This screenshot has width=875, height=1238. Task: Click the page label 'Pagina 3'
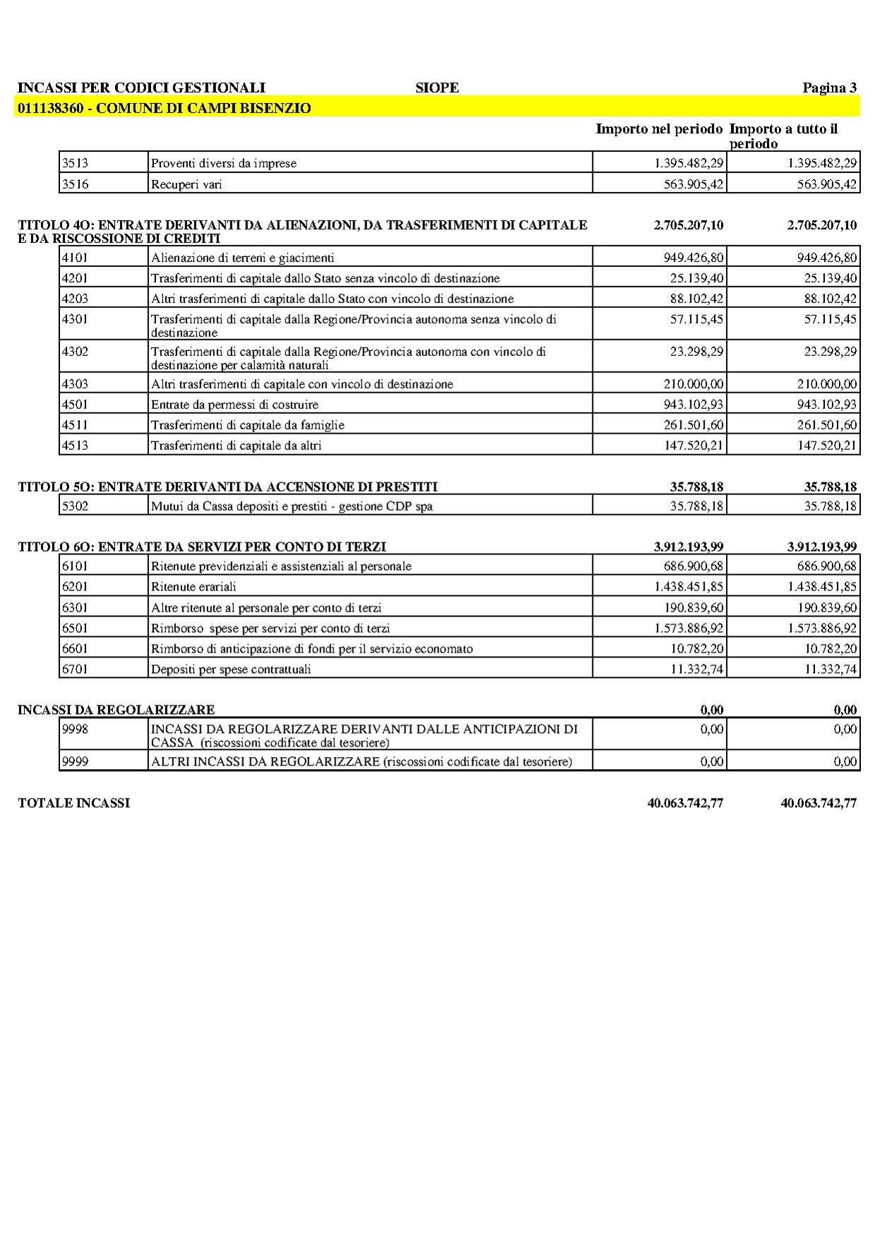[x=829, y=88]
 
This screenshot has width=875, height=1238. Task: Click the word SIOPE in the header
[x=437, y=88]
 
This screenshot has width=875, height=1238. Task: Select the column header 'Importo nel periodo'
[x=659, y=129]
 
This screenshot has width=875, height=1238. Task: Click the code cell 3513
[x=75, y=163]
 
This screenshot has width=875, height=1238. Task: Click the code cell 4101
[x=75, y=258]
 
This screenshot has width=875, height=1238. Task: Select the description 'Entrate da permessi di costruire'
[x=234, y=405]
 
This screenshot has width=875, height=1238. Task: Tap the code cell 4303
[x=75, y=384]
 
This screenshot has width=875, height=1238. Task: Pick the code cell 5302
[x=75, y=506]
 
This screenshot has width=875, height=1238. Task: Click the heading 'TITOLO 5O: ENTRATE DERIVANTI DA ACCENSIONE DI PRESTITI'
[x=227, y=487]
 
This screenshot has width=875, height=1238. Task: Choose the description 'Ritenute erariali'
[x=194, y=587]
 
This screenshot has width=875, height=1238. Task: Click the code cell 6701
[x=75, y=669]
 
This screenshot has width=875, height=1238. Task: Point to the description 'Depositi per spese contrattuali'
[x=231, y=669]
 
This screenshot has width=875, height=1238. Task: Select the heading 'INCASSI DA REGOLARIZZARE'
[x=116, y=710]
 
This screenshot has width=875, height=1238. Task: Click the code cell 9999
[x=75, y=761]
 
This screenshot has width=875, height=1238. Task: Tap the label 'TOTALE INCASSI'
[x=74, y=803]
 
